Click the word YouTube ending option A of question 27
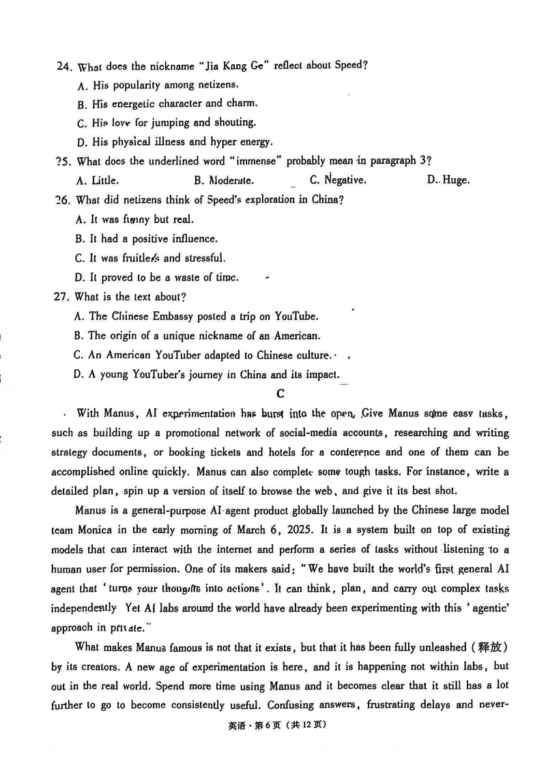(x=296, y=316)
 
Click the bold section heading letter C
(x=280, y=393)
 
